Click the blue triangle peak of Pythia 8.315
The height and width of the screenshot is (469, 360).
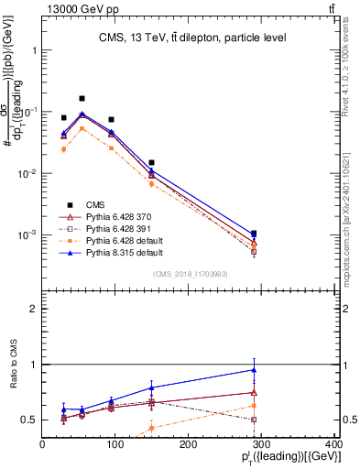pos(82,114)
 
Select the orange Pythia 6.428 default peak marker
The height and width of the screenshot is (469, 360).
pos(82,128)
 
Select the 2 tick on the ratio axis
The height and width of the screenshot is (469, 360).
pos(34,310)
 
